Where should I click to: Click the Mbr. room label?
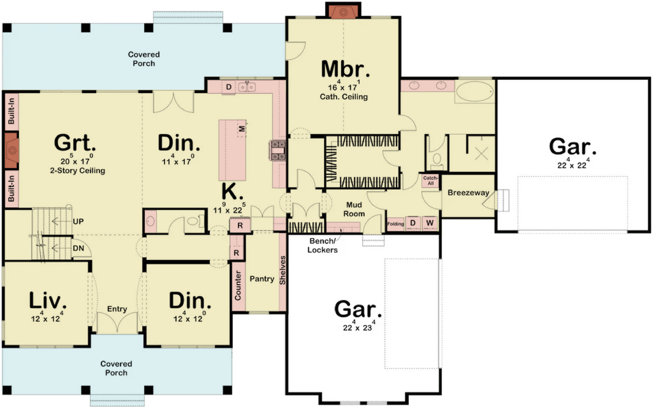pos(345,69)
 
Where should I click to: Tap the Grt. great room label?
pos(75,143)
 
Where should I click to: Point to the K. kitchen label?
pos(232,192)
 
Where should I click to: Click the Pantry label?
pos(262,279)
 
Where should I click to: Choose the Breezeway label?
pos(468,193)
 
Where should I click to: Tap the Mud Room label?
pos(354,209)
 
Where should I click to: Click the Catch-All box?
pos(430,180)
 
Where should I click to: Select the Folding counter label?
pos(395,224)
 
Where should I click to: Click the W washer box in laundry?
pos(430,223)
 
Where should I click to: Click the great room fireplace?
pos(12,150)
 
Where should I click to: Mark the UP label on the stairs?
pos(78,222)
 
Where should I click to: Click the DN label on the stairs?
pos(78,248)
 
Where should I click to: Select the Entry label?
pos(117,309)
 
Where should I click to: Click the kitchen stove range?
pos(277,151)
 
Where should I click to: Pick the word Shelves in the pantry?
pos(282,270)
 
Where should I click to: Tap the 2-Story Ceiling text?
pos(77,171)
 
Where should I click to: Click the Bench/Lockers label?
pos(322,246)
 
